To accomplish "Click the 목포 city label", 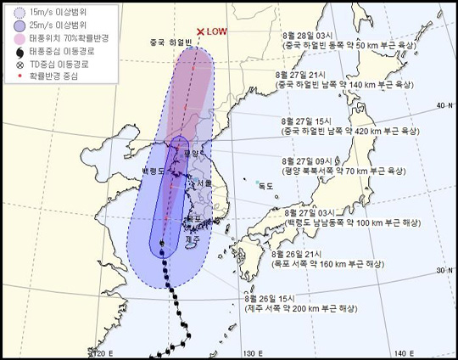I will (193, 218).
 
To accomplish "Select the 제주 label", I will (191, 240).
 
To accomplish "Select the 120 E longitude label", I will (100, 352).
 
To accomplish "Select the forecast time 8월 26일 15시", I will (269, 297).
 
